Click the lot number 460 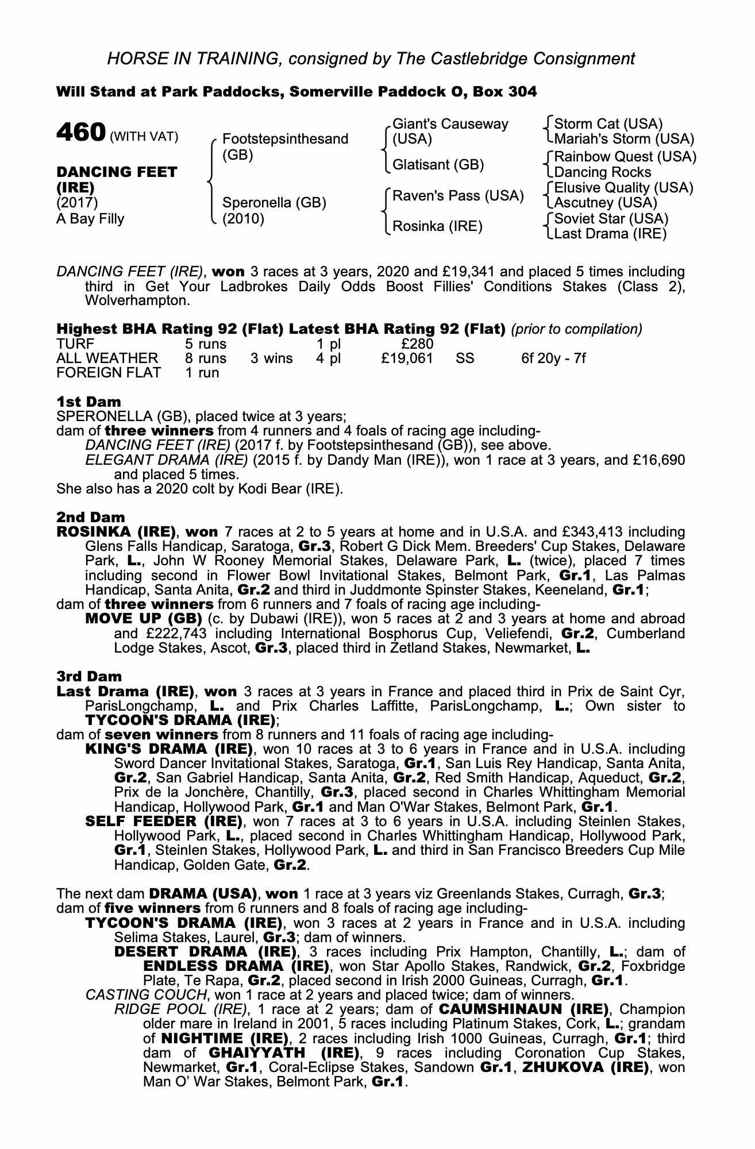click(80, 133)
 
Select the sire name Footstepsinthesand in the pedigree click(285, 139)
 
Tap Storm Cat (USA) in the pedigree click(608, 124)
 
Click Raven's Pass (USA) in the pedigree click(458, 196)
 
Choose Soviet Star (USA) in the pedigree click(611, 219)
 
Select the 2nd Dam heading click(91, 517)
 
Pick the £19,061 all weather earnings click(407, 359)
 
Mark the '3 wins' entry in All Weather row click(271, 359)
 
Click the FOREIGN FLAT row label click(109, 373)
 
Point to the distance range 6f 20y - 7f click(553, 359)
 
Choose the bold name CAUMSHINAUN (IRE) click(524, 1009)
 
